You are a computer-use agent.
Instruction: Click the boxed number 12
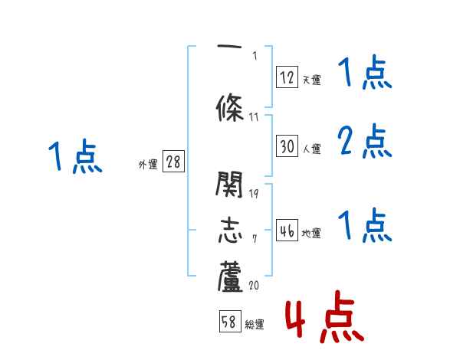point(287,77)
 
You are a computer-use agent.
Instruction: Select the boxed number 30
point(287,146)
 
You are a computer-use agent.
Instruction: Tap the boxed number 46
point(287,231)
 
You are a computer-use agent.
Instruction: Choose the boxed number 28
point(174,162)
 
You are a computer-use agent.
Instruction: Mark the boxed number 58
point(229,322)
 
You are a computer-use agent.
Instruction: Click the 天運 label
point(311,80)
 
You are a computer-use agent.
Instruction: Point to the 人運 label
point(311,149)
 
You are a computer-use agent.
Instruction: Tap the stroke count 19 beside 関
point(254,193)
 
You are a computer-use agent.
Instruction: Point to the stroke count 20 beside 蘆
point(254,286)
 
